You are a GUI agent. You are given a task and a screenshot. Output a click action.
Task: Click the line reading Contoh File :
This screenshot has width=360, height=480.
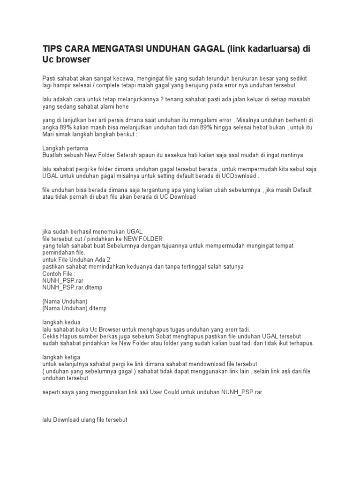point(59,273)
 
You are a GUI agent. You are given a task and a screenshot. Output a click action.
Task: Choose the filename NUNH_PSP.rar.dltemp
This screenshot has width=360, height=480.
point(72,287)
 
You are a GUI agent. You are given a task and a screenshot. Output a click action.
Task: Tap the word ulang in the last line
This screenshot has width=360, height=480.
point(92,420)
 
